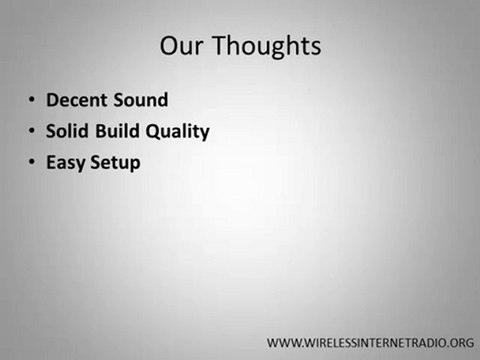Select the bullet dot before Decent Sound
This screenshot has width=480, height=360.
click(33, 101)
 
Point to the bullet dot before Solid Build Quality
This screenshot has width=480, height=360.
click(33, 131)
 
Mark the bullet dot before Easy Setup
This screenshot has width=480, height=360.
click(33, 161)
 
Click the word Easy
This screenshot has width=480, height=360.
click(65, 162)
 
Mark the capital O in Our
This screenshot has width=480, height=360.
click(168, 47)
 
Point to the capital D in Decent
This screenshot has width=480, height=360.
click(52, 101)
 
